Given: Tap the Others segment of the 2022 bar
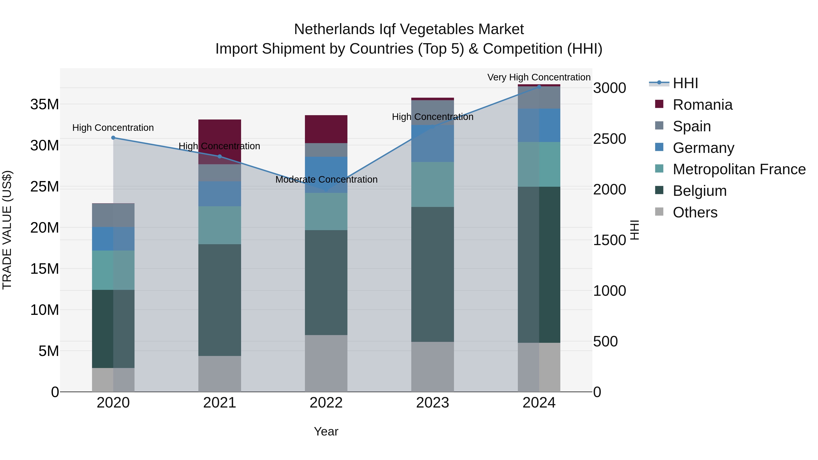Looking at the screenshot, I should pyautogui.click(x=326, y=363).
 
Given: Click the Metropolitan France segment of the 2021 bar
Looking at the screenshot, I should pyautogui.click(x=219, y=225).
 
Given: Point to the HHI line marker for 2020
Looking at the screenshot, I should pyautogui.click(x=113, y=138).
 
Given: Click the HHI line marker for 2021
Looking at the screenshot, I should pyautogui.click(x=219, y=157).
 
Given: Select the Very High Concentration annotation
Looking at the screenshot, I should pyautogui.click(x=539, y=77).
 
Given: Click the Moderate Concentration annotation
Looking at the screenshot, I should pyautogui.click(x=326, y=180).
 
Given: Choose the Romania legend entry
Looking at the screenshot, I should pyautogui.click(x=702, y=105).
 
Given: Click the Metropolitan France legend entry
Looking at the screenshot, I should pyautogui.click(x=739, y=169).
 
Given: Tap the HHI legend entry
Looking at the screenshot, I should pyautogui.click(x=685, y=83).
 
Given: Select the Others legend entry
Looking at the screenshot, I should pyautogui.click(x=695, y=212).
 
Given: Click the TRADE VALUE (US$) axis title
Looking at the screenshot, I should pyautogui.click(x=7, y=230).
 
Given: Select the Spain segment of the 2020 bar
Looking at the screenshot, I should pyautogui.click(x=113, y=215).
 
